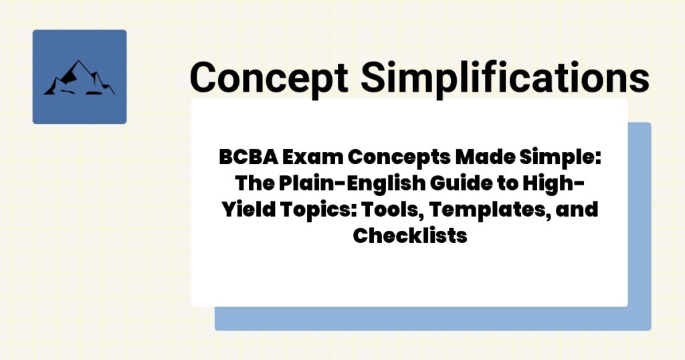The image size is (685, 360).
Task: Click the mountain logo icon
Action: coord(79,77)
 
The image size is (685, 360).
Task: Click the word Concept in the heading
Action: coord(268,76)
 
